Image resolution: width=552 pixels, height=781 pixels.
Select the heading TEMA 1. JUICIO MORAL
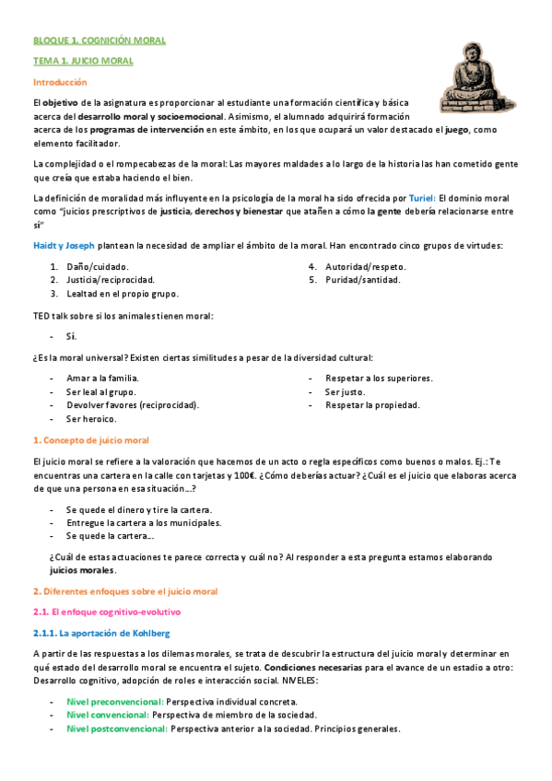tap(83, 61)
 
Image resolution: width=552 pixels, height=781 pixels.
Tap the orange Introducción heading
tap(61, 83)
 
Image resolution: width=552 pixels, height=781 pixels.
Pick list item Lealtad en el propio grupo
tap(122, 294)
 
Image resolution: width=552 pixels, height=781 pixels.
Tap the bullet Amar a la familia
tap(102, 379)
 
